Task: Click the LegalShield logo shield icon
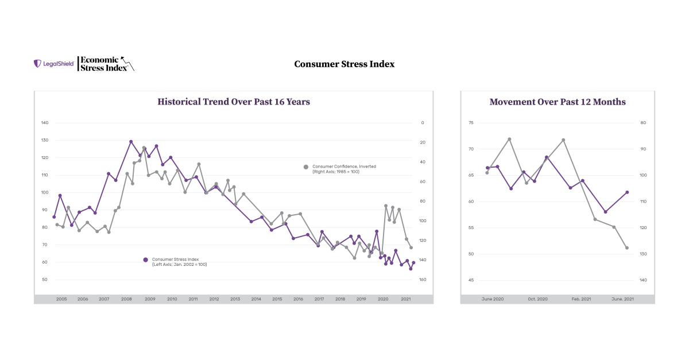[x=38, y=64]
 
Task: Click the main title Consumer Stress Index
[x=344, y=64]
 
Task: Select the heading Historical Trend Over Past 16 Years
[x=234, y=102]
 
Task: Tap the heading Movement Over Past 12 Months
[x=558, y=102]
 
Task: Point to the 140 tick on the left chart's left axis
[x=45, y=123]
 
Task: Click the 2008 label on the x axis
[x=126, y=299]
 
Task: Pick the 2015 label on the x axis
[x=277, y=299]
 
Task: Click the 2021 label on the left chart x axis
[x=405, y=299]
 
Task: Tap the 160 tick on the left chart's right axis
[x=422, y=280]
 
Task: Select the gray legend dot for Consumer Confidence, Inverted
[x=306, y=167]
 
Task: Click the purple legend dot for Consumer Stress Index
[x=146, y=260]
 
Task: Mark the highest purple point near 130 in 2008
[x=131, y=142]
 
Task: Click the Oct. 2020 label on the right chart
[x=537, y=299]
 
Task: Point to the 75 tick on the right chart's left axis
[x=471, y=123]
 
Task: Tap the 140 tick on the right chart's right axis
[x=642, y=280]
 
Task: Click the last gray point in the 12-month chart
[x=627, y=248]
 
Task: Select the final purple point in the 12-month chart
[x=627, y=192]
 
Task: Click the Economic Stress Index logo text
[x=100, y=63]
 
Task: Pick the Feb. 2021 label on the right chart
[x=581, y=299]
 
